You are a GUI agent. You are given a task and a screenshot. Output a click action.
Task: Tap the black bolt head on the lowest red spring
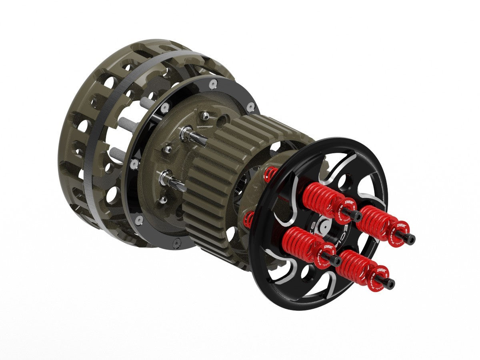[387, 284]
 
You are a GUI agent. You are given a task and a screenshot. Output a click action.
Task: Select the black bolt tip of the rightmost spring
[409, 239]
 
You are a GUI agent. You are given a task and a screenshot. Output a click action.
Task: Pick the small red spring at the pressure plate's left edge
[249, 218]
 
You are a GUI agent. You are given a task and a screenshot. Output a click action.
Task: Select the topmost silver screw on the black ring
[213, 84]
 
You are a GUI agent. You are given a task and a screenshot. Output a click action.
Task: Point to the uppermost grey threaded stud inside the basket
[147, 103]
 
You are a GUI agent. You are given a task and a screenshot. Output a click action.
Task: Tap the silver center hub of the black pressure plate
[325, 226]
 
